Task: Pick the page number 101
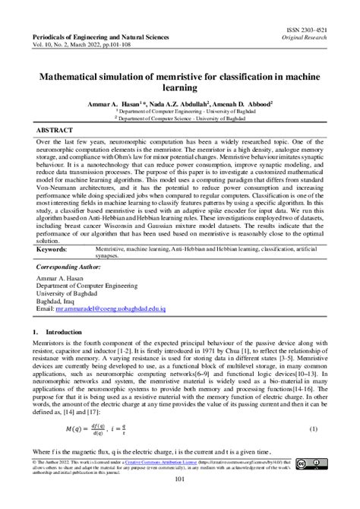(181, 479)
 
